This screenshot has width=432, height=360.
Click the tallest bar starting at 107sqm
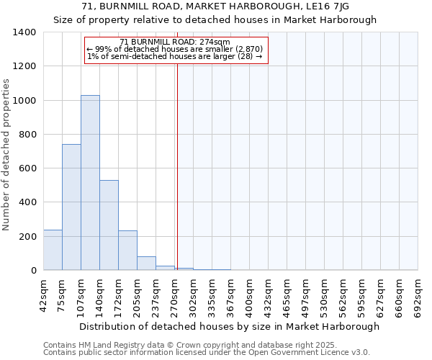click(x=90, y=183)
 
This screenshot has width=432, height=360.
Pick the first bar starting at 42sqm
click(x=53, y=250)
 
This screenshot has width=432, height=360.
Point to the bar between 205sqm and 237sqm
click(x=146, y=264)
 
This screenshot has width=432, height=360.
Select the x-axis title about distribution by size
click(x=229, y=327)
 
